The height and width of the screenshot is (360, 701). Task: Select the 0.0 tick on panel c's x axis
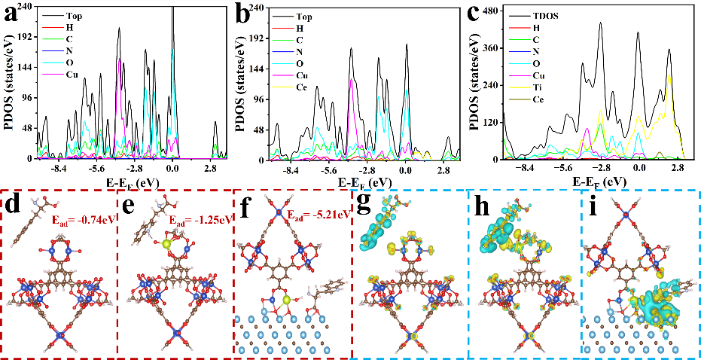(x=639, y=169)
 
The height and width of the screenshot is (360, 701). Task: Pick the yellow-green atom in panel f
(x=288, y=300)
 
